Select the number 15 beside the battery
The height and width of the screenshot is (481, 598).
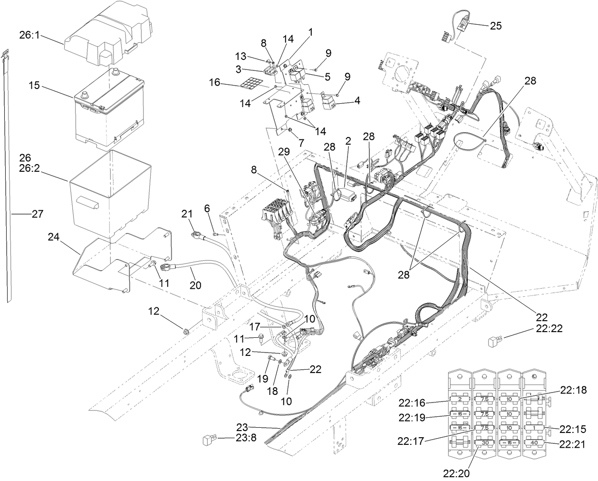pos(34,86)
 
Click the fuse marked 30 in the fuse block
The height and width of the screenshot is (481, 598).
pos(485,442)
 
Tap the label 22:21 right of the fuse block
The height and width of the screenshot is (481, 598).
pos(573,444)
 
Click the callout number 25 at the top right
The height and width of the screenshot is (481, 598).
pos(495,26)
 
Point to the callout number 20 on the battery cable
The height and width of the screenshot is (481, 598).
pos(195,285)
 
